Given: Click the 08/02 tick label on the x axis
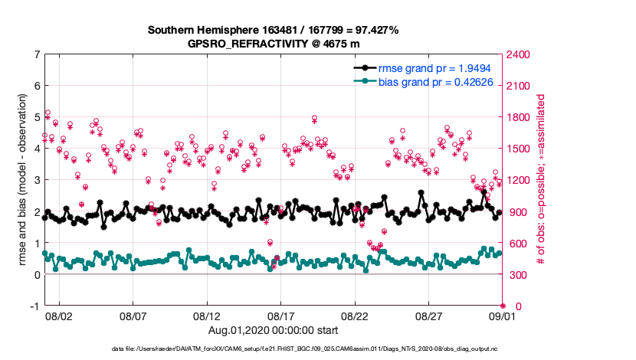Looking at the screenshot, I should pos(59,315).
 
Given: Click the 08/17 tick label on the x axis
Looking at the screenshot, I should pos(281,315).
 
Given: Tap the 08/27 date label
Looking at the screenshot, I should pos(429,315).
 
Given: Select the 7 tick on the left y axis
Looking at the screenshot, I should pos(36,54).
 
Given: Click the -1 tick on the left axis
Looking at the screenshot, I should pos(34,306).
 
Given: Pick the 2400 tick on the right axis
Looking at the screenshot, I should pos(518,54).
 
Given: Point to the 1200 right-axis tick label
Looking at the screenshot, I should pos(518,181).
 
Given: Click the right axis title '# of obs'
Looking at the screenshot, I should pos(542,181).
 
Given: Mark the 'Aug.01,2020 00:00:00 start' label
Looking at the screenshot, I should pos(274,329).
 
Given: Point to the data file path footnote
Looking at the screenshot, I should pos(317,349).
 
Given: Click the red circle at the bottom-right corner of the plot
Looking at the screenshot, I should pos(503,306).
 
